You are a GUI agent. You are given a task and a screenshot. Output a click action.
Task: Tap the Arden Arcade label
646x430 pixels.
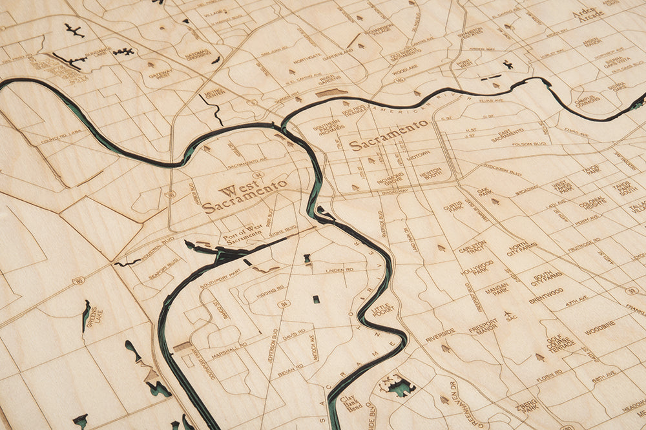(x=588, y=13)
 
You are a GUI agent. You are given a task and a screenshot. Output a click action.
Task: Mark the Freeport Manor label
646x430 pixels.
(x=483, y=325)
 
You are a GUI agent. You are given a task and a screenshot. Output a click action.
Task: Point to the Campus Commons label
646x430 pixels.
(x=588, y=99)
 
